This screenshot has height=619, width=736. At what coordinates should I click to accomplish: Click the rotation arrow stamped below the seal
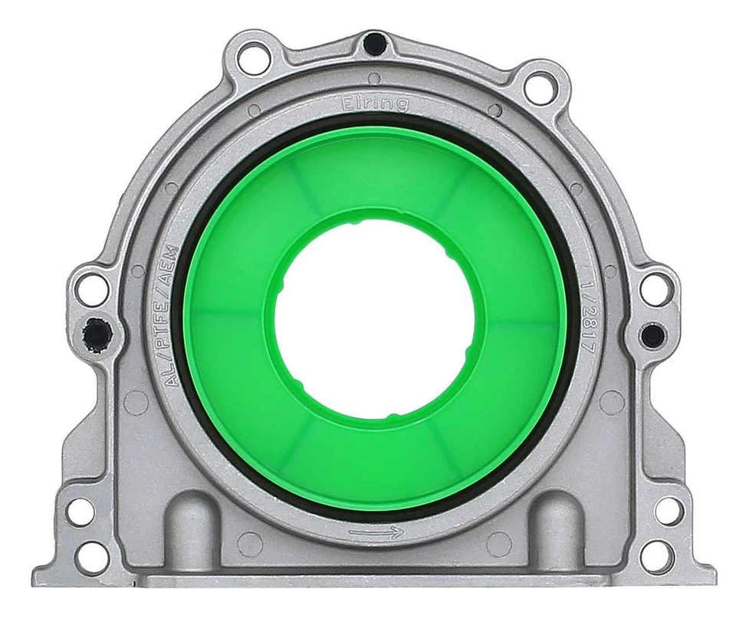pyautogui.click(x=375, y=532)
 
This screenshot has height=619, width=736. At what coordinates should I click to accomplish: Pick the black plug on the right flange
pyautogui.click(x=652, y=334)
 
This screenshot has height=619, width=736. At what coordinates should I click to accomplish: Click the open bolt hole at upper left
pyautogui.click(x=250, y=58)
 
